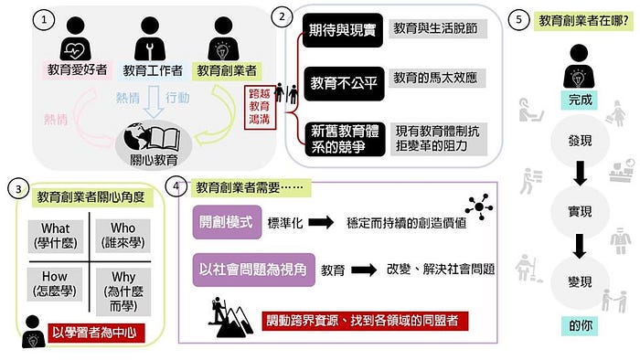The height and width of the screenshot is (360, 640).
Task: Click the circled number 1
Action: coord(43,19)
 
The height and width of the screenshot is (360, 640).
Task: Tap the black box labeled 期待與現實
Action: coord(343,30)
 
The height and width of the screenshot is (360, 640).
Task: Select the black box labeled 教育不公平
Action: coord(344,83)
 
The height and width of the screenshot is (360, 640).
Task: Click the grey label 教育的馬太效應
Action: coord(437,78)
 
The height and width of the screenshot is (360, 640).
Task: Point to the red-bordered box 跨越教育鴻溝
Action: coord(260,107)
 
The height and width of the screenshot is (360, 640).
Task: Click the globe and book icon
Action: coord(152,136)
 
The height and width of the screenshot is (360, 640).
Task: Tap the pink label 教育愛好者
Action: coord(77,69)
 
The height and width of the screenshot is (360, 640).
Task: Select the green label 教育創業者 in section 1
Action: coord(227,70)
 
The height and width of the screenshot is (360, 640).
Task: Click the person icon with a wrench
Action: coord(150,39)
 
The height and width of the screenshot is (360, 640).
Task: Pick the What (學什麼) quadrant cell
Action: coord(56,236)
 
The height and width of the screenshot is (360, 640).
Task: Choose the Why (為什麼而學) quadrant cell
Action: coord(123,291)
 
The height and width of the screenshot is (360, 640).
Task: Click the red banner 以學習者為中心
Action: coord(96,334)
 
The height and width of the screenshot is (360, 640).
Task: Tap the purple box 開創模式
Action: coord(227,222)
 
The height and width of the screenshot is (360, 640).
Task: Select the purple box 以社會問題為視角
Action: coord(253,270)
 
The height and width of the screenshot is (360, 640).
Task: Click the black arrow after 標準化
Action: coord(321,223)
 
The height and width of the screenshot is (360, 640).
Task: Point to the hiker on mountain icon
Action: coord(229,318)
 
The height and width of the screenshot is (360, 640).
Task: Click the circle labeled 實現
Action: coord(580,211)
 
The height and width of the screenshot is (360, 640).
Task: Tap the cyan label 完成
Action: coord(580,100)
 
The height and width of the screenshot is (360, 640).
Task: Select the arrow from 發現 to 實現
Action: coord(580,173)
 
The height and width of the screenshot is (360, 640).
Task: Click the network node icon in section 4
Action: coord(479,206)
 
